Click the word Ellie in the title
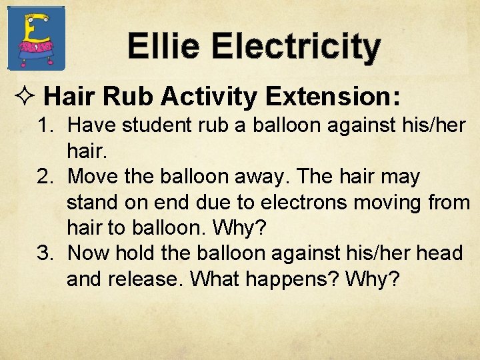[163, 47]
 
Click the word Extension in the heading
[332, 97]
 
